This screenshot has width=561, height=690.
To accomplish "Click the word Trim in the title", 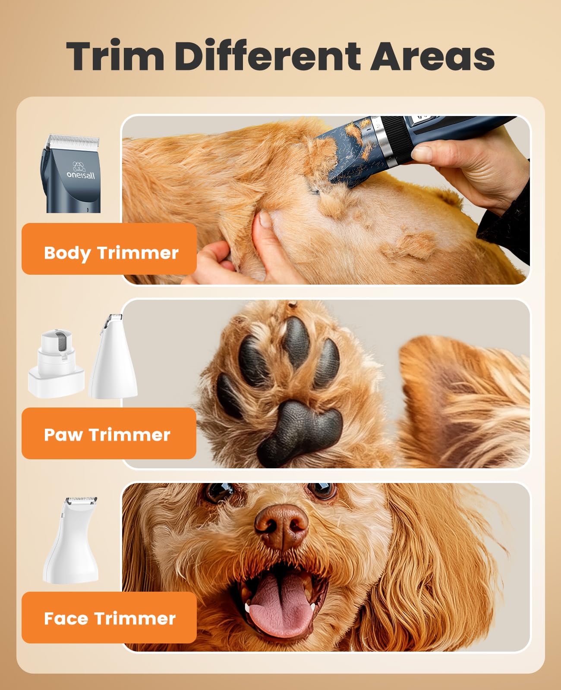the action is pyautogui.click(x=115, y=55).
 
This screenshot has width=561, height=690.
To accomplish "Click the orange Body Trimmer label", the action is pyautogui.click(x=109, y=249).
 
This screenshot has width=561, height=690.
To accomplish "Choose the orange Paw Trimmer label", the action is pyautogui.click(x=109, y=433).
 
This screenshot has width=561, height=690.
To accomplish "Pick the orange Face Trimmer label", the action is pyautogui.click(x=109, y=618).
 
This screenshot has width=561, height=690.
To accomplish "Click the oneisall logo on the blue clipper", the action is pyautogui.click(x=80, y=170).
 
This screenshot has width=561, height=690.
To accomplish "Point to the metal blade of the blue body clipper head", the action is pyautogui.click(x=73, y=141).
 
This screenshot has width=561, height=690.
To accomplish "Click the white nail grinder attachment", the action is pyautogui.click(x=57, y=364).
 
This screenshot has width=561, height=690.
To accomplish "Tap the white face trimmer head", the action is pyautogui.click(x=71, y=541).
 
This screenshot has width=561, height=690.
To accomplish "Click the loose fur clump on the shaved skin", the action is pyautogui.click(x=409, y=247).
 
